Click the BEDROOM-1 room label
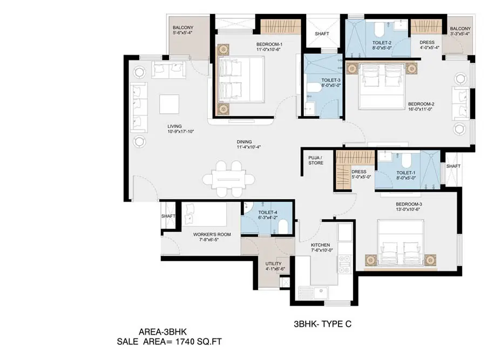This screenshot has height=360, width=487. pyautogui.click(x=270, y=45)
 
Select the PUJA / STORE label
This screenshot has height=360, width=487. pyautogui.click(x=316, y=160)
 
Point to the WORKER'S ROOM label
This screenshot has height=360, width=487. pyautogui.click(x=212, y=234)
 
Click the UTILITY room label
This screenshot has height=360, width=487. pyautogui.click(x=273, y=264)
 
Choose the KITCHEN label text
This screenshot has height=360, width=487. pyautogui.click(x=320, y=245)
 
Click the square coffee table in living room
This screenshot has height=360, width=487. pyautogui.click(x=170, y=104)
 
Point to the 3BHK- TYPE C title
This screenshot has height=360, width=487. pyautogui.click(x=322, y=324)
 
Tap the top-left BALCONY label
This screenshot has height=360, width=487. pyautogui.click(x=182, y=28)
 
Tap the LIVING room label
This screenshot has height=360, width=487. pyautogui.click(x=175, y=128)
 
